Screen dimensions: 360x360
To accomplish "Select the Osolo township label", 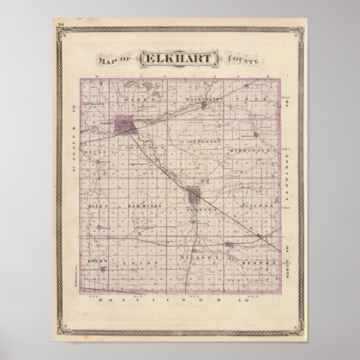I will tap(126, 99).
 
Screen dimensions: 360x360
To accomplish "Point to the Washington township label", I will tap(205, 99).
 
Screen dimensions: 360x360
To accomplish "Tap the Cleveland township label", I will tap(92, 105).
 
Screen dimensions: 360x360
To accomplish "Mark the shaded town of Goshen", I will tap(194, 197).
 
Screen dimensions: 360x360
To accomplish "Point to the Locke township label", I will tap(93, 260).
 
